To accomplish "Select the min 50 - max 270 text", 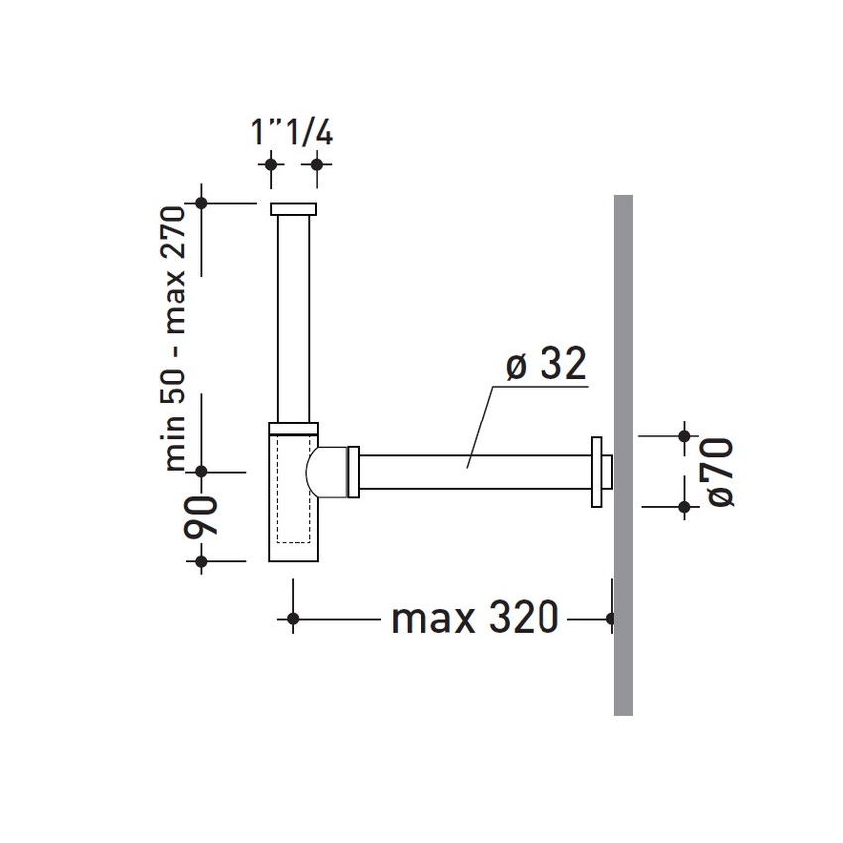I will click(x=176, y=337).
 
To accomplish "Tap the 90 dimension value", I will click(x=202, y=516).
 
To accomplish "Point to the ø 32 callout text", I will click(x=544, y=366).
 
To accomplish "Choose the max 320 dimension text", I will click(x=474, y=619).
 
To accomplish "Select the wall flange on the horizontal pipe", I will click(x=597, y=472).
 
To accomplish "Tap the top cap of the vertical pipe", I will click(x=294, y=208).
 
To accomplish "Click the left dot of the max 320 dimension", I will click(x=292, y=619).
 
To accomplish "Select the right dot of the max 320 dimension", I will click(x=610, y=619).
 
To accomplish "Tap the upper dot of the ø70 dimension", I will click(x=684, y=435).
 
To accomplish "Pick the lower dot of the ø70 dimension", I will click(x=684, y=507).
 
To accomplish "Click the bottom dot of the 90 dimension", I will click(x=201, y=562).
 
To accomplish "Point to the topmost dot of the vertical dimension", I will click(x=201, y=203).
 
